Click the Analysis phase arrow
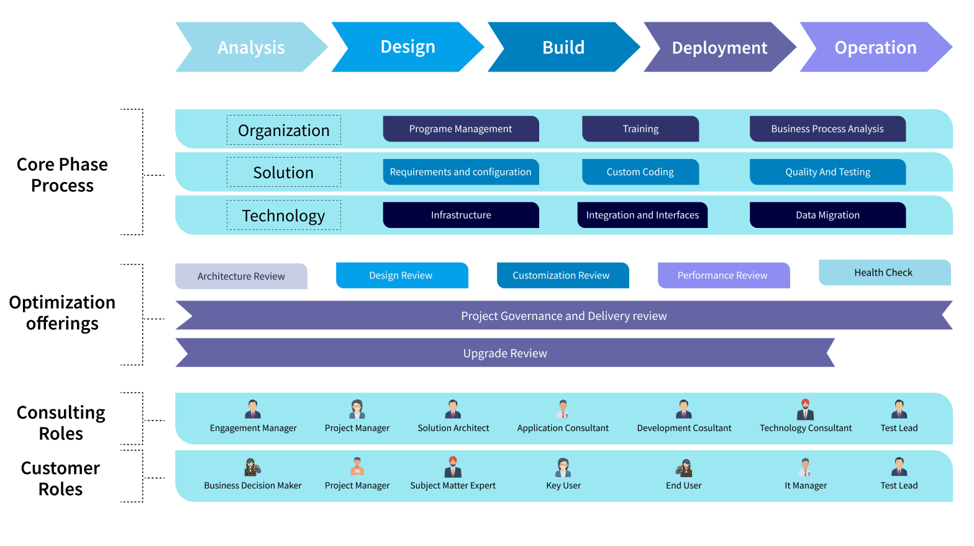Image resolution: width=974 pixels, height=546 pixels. point(251,47)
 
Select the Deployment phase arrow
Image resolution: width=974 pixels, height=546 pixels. point(719,47)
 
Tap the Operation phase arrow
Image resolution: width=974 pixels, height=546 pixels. point(875,47)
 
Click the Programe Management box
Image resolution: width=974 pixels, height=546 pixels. point(460,129)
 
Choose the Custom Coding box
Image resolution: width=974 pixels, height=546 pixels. point(640,172)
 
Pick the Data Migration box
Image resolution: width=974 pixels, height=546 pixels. point(827,215)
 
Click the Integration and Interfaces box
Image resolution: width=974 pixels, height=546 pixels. point(642,215)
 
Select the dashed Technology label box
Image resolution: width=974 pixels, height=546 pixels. point(283,215)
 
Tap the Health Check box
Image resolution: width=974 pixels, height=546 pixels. point(884,272)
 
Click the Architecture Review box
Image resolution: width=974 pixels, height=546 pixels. point(241,276)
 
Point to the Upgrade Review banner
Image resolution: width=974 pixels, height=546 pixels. point(504,353)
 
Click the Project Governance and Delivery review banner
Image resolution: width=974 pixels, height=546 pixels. point(563,316)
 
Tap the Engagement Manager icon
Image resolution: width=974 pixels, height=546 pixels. point(253,409)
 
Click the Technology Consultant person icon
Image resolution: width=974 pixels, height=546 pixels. point(805,409)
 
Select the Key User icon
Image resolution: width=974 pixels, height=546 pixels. point(563,466)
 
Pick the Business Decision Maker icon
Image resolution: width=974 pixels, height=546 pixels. point(252,466)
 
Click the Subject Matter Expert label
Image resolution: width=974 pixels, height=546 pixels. point(453,486)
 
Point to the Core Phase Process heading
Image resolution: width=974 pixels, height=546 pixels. point(62,175)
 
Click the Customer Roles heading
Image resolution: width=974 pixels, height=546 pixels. point(60,478)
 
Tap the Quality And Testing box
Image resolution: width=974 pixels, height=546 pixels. point(827,172)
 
